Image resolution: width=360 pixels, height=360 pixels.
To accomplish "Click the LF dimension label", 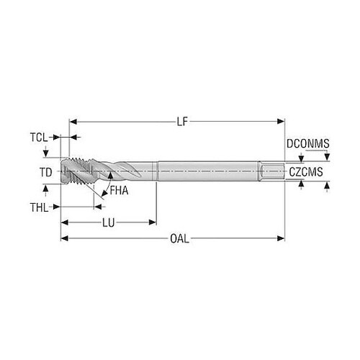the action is [182, 122].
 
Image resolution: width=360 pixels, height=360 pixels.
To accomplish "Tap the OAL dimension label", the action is [179, 238].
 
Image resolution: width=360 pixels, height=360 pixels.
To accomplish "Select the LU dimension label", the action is [109, 222].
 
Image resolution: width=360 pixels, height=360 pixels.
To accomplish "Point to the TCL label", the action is [39, 138].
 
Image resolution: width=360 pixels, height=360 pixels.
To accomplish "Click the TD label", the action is [45, 172].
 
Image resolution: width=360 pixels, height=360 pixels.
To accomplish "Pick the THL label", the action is [40, 207].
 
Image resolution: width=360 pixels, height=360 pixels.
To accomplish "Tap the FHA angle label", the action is [119, 191].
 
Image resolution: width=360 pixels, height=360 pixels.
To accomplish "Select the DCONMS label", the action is [308, 143].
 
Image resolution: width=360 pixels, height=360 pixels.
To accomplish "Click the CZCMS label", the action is [306, 172].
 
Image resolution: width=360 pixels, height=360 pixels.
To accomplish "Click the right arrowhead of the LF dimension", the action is [281, 122].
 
